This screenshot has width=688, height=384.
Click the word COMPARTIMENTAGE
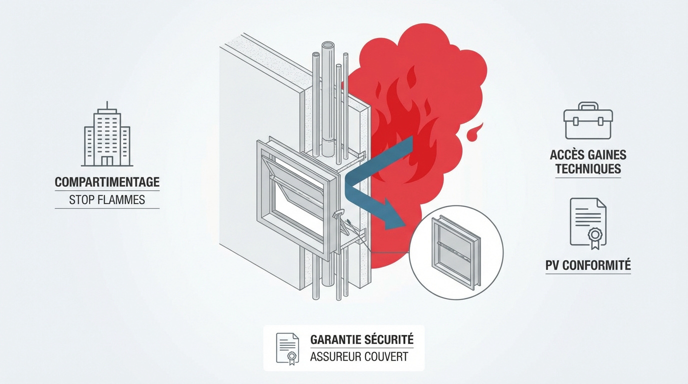click(107, 182)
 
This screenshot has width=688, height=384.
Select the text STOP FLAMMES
click(107, 200)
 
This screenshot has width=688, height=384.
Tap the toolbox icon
click(588, 121)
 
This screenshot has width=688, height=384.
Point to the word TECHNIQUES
click(588, 169)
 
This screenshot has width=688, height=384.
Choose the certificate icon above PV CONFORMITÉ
click(588, 223)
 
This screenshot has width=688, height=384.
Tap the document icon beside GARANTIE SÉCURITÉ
click(287, 348)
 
